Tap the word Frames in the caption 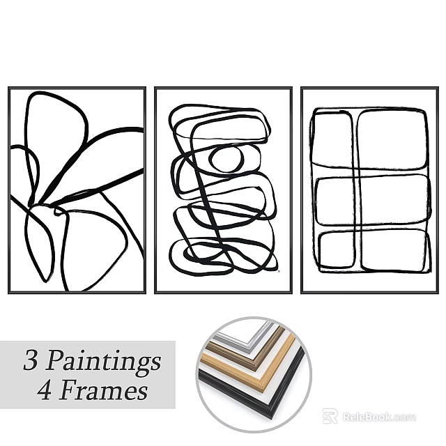[104, 390]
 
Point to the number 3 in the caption [31, 362]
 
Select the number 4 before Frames [45, 390]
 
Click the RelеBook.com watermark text [379, 417]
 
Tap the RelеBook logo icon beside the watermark [330, 416]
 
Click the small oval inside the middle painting [226, 159]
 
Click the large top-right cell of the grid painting [392, 139]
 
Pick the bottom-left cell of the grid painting [337, 249]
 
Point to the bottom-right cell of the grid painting [393, 249]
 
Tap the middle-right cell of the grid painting [393, 199]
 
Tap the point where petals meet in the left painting [49, 205]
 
